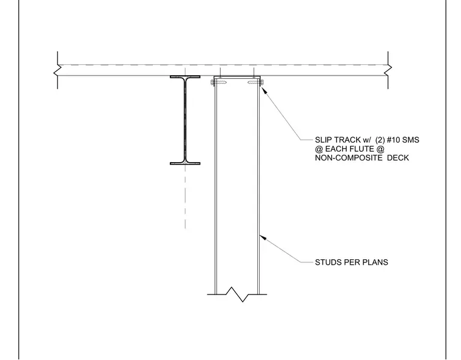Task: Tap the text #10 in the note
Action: pos(394,140)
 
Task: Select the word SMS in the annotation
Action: pos(411,140)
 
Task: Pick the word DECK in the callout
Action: pos(398,158)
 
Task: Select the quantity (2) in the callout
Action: pos(380,140)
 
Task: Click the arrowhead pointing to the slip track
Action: pos(264,90)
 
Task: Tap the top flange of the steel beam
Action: pos(185,77)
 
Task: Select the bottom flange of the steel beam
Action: pos(185,163)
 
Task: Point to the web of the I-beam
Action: pos(185,120)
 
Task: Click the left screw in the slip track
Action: pos(219,83)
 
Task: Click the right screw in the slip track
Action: pos(255,83)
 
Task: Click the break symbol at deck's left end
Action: pos(58,70)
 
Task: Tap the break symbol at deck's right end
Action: pos(388,70)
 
